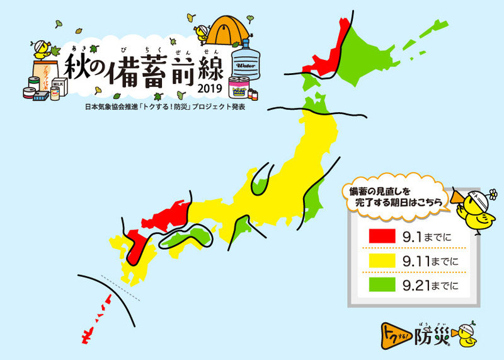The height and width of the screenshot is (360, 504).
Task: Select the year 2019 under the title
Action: (x=210, y=88)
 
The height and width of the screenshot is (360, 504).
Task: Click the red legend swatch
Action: (x=381, y=236)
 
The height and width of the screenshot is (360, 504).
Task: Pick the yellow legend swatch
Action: (x=381, y=260)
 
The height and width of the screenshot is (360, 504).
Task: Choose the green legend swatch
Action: (x=381, y=285)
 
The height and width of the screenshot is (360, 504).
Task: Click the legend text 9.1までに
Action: (x=427, y=236)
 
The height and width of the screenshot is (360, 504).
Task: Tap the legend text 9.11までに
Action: (x=430, y=260)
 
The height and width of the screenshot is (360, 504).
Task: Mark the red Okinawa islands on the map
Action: (x=94, y=315)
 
